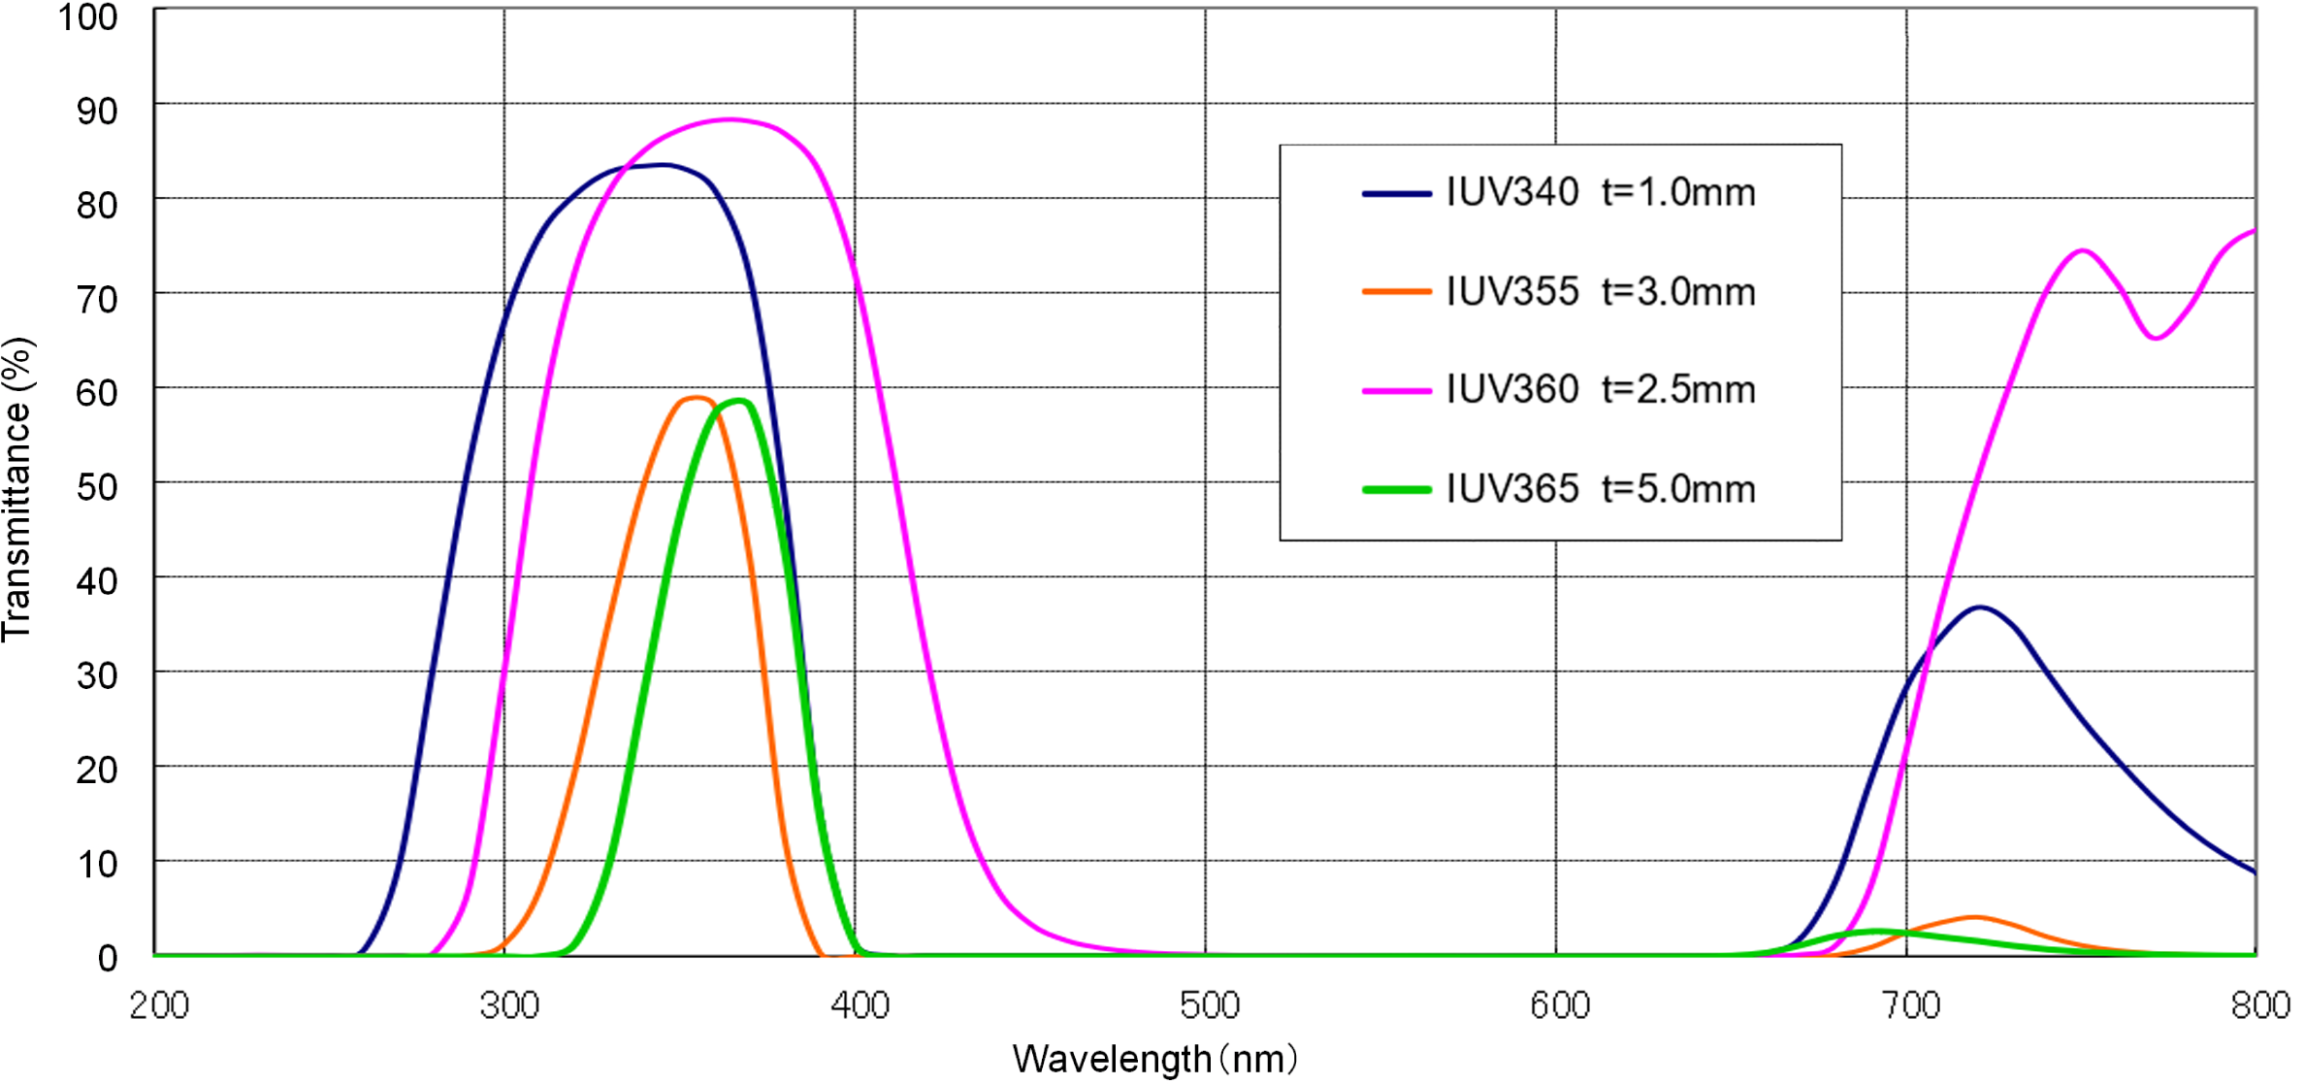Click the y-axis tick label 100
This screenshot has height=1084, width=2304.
click(88, 17)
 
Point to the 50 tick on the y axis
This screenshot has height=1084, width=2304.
click(97, 487)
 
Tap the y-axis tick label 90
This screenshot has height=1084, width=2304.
click(97, 112)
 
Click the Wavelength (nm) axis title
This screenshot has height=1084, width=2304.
click(1154, 1059)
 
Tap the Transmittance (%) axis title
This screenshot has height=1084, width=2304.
click(18, 490)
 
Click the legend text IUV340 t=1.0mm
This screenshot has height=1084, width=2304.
click(1600, 192)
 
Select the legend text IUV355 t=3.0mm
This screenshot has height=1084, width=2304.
click(1600, 291)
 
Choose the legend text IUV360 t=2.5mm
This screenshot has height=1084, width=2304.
click(1600, 389)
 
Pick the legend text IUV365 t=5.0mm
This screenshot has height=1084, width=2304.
click(1600, 488)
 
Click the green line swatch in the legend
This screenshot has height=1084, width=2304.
click(1396, 490)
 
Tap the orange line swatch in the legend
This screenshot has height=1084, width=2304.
click(1396, 291)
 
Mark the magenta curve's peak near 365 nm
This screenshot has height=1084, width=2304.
click(730, 119)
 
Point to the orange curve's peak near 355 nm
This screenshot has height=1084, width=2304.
click(696, 397)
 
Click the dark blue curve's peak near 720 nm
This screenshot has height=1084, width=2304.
click(1979, 608)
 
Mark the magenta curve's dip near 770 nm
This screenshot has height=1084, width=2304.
click(2155, 338)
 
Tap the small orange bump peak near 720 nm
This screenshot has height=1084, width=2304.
click(1974, 916)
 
